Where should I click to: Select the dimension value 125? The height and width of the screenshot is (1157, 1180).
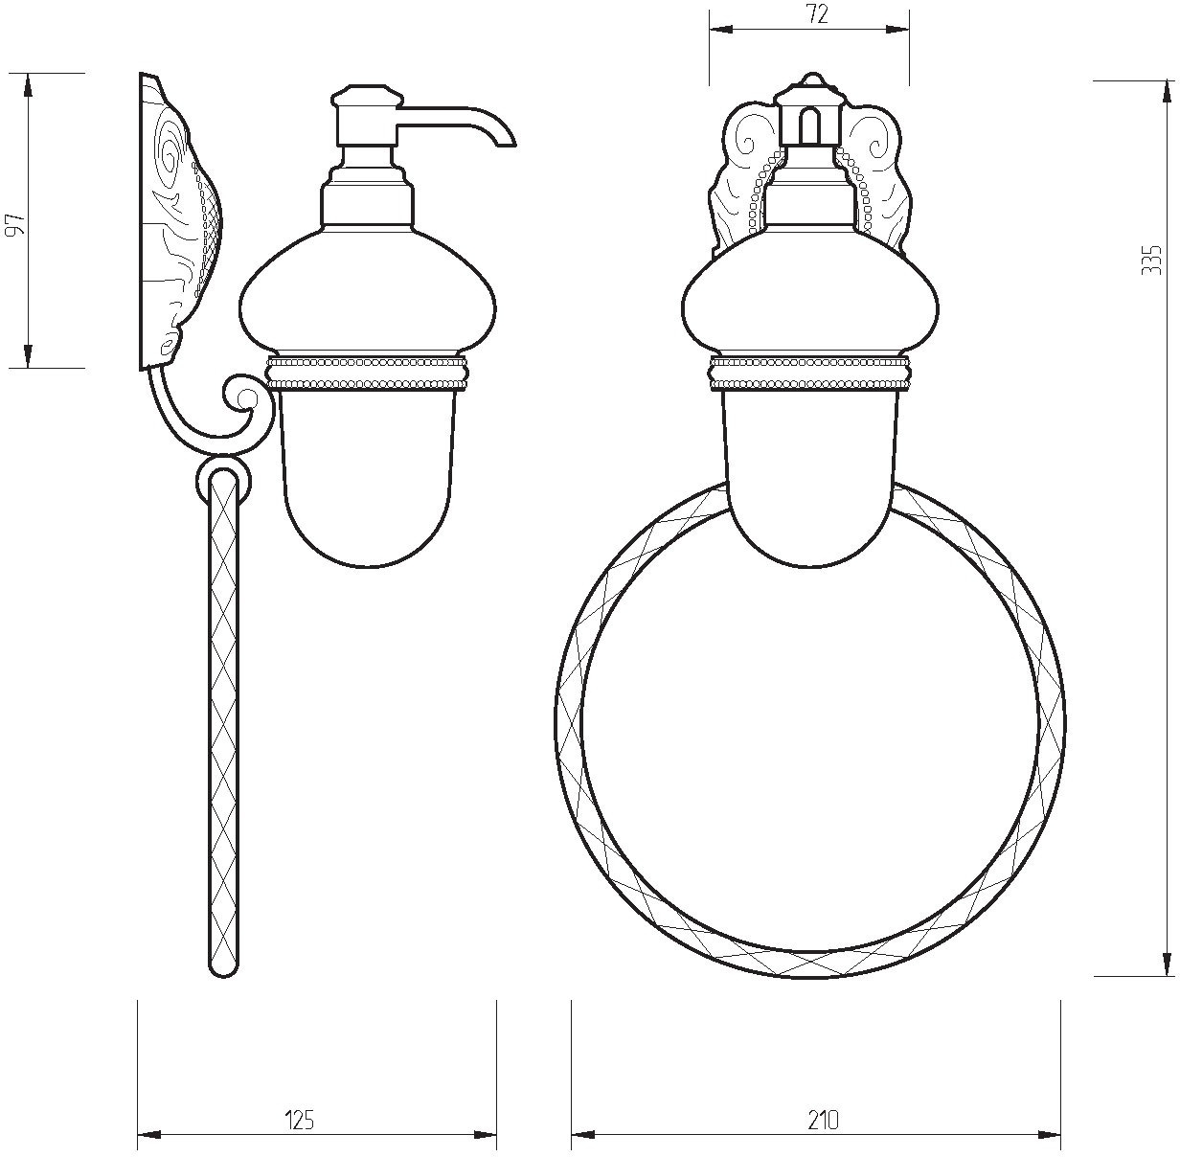(300, 1085)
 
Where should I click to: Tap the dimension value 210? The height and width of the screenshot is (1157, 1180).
(823, 1085)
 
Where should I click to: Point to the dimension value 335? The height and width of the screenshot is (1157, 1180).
(1151, 260)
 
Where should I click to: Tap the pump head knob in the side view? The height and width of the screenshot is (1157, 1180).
(369, 98)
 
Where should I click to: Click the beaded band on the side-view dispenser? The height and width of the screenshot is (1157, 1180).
(367, 372)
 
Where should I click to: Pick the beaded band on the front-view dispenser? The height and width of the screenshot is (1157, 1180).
(809, 372)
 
